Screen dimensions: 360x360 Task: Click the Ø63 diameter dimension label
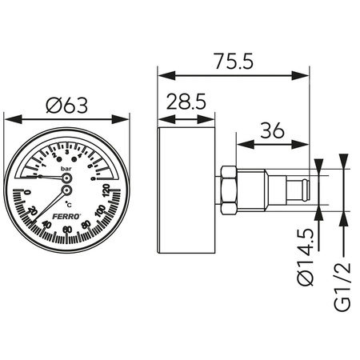(68, 104)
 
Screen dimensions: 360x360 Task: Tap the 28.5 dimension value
(187, 104)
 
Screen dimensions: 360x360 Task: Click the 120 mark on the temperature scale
(106, 192)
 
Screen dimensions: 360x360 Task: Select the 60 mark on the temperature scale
(67, 230)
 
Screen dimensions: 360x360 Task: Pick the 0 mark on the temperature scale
(27, 192)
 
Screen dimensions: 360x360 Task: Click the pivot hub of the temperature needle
(66, 191)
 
